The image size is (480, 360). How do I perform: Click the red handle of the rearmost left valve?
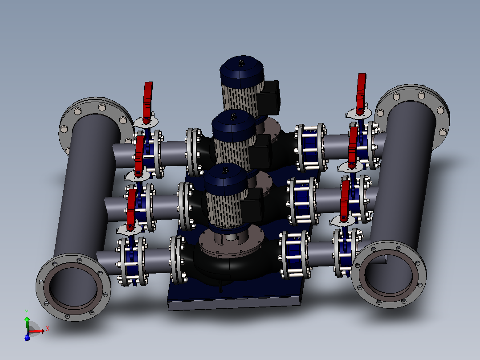coord(147,102)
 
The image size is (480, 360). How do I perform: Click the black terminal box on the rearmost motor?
coord(268,98)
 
